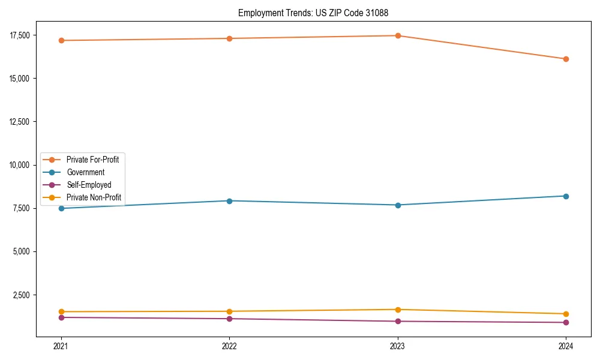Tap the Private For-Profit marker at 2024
click(566, 59)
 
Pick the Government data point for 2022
click(229, 201)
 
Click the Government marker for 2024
click(566, 196)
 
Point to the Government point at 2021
click(61, 208)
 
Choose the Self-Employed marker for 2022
click(229, 319)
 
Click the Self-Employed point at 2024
click(566, 322)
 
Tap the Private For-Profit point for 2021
click(61, 40)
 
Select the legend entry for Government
click(85, 172)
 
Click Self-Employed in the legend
click(89, 185)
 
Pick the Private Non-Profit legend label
click(94, 197)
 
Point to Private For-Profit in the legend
click(92, 160)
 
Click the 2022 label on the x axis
click(229, 346)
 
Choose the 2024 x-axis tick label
click(566, 346)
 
